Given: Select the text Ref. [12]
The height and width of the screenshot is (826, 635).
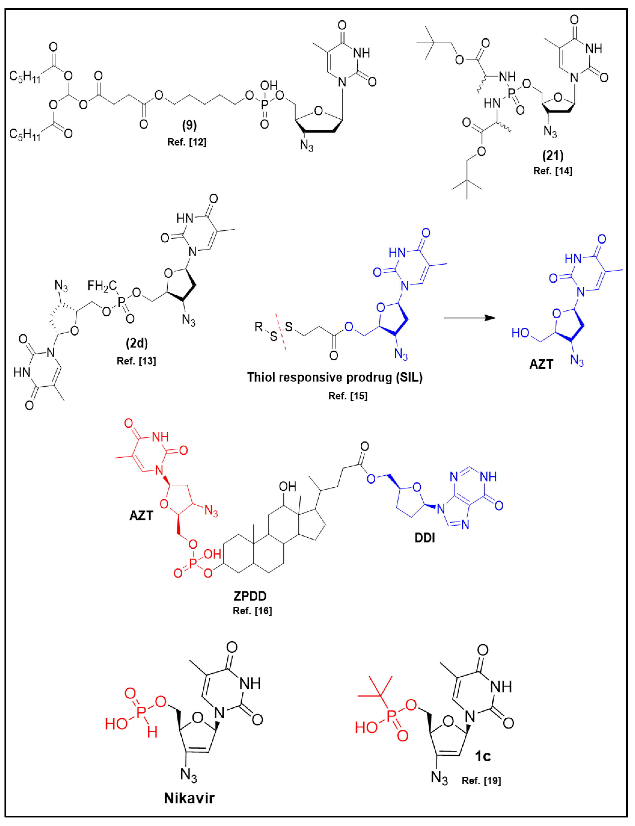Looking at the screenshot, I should coord(187,142).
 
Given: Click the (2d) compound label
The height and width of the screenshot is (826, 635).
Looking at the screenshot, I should coord(137,343).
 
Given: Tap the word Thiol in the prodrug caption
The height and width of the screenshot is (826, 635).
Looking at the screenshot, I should coord(262,377).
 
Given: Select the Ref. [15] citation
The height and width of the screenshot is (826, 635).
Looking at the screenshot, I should coord(348,396).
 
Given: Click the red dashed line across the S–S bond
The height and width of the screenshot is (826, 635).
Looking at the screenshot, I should coord(280,332).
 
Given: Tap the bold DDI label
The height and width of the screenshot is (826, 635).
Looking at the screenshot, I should coord(425,537).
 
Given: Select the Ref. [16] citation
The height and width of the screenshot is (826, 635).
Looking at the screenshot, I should coord(252,611).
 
